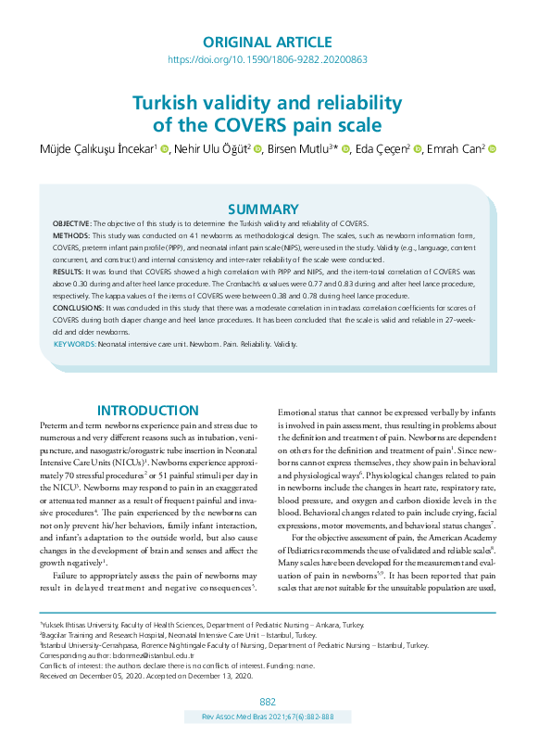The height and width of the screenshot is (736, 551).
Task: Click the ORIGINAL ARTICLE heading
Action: coord(266,42)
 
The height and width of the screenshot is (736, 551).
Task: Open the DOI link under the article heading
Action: coord(267,59)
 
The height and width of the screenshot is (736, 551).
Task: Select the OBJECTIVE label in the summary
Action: coord(70,225)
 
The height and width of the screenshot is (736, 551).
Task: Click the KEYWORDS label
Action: coord(74,343)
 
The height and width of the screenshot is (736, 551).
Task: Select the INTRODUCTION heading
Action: coord(148,411)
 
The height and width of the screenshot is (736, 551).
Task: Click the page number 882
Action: coord(268,702)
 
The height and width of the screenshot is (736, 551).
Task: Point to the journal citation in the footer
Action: coord(267,717)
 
